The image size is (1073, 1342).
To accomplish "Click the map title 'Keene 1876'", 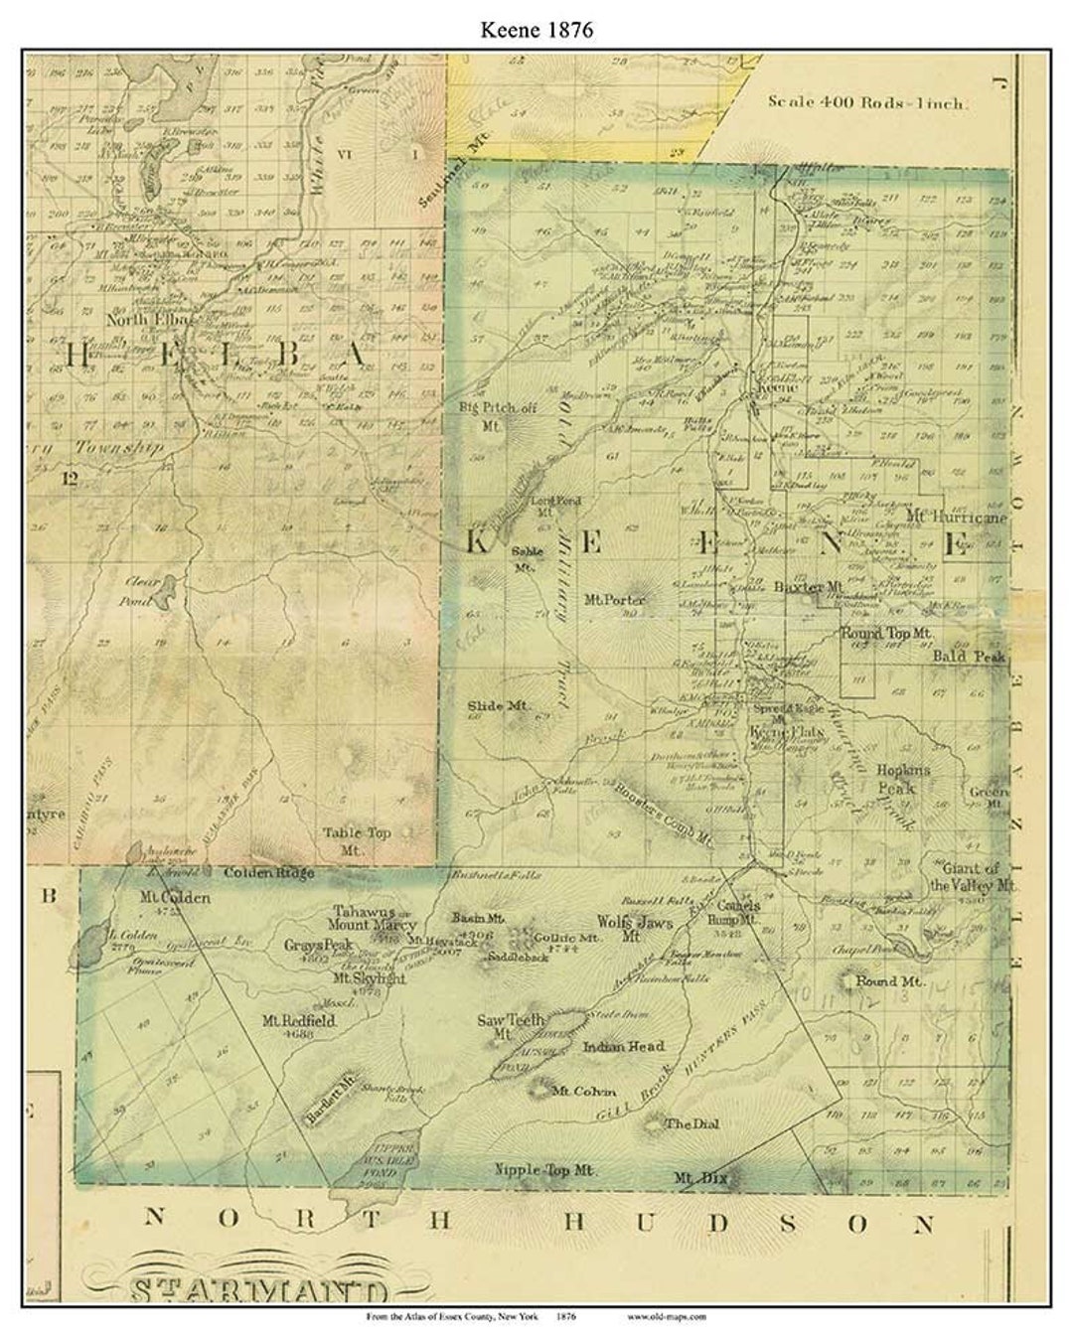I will click(536, 29).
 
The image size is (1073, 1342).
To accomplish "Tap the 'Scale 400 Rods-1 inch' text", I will click(867, 101).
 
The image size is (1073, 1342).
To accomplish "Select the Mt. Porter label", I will click(615, 599).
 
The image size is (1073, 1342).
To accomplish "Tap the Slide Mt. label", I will click(500, 706).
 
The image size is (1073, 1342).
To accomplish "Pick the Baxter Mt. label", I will click(808, 587).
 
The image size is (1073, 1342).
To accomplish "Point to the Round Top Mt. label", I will click(886, 632).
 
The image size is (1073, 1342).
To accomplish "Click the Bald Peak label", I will click(969, 657).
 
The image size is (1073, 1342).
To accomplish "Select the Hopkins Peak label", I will click(903, 779).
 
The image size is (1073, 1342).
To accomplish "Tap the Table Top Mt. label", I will click(357, 841).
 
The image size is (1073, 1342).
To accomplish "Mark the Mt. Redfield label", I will click(299, 1020).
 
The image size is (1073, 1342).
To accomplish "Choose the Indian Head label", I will click(623, 1046).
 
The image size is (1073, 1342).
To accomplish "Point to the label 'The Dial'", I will click(691, 1123).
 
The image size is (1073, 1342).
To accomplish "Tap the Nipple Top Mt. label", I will click(545, 1170).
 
